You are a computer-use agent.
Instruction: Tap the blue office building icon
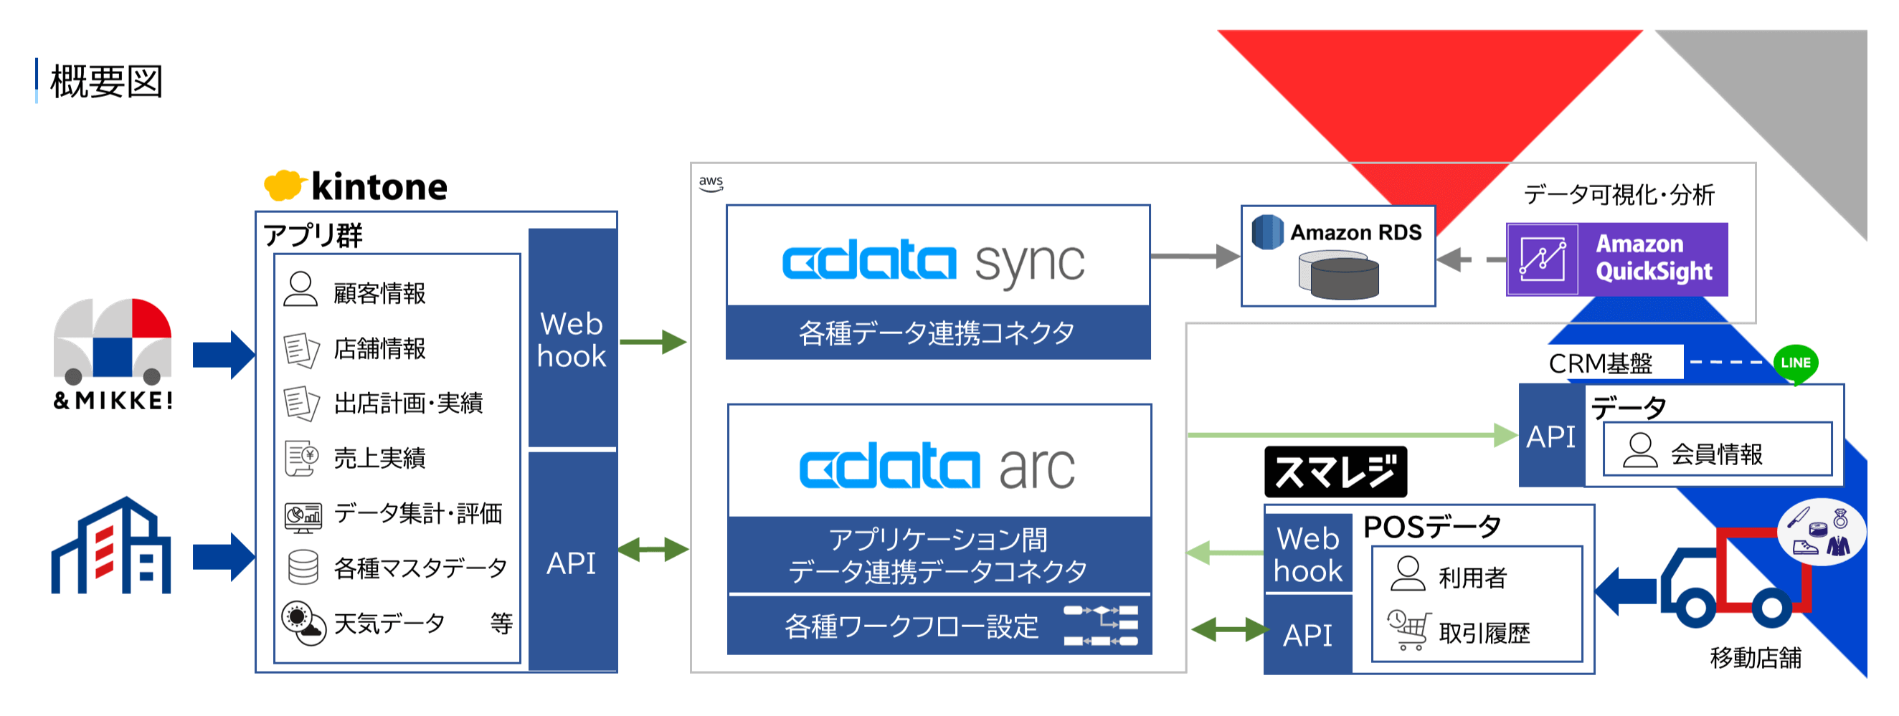[x=111, y=545]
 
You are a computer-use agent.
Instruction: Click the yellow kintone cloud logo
[x=284, y=185]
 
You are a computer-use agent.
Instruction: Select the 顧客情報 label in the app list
[x=379, y=293]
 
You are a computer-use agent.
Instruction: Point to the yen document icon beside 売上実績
[x=301, y=458]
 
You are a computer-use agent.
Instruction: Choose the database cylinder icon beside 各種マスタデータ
[x=302, y=567]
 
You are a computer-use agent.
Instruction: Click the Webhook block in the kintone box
[x=572, y=338]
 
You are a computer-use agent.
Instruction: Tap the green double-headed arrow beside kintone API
[x=653, y=550]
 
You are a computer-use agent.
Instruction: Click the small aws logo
[x=711, y=183]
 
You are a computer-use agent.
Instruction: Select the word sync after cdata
[x=1030, y=264]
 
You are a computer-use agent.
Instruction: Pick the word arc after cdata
[x=1037, y=468]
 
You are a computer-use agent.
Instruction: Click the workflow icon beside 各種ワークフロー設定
[x=1101, y=626]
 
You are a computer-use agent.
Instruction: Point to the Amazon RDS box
[x=1338, y=256]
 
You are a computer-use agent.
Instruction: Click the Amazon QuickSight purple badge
[x=1616, y=259]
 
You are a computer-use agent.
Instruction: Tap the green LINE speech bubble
[x=1796, y=364]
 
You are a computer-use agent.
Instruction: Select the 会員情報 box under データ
[x=1717, y=449]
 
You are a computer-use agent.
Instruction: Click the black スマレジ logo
[x=1335, y=472]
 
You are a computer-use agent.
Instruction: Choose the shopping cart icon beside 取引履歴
[x=1408, y=630]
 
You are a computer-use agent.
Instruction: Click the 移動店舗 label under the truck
[x=1756, y=657]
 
